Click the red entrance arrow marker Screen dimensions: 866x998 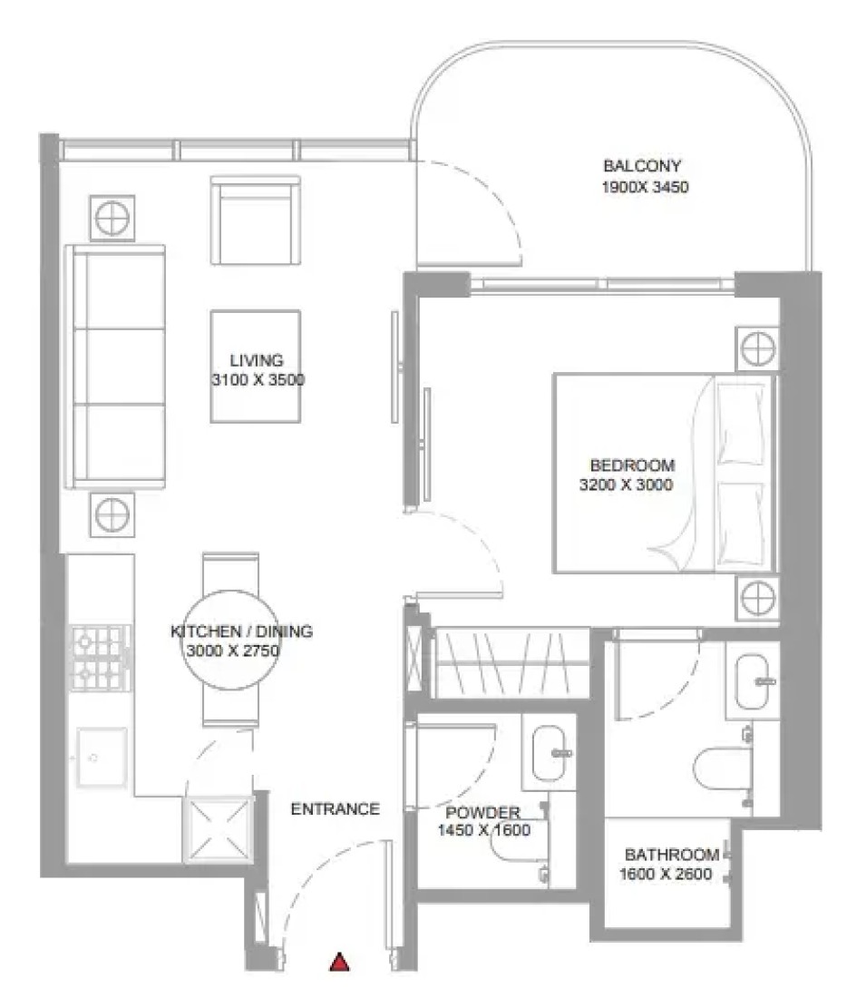pyautogui.click(x=339, y=963)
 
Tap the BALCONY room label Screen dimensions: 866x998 pyautogui.click(x=642, y=166)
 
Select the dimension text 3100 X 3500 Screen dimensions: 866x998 pyautogui.click(x=258, y=380)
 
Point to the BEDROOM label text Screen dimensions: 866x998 pyautogui.click(x=632, y=465)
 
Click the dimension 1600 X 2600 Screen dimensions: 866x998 pyautogui.click(x=666, y=874)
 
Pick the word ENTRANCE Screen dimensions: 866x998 pyautogui.click(x=336, y=809)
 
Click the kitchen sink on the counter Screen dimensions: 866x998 pyautogui.click(x=102, y=758)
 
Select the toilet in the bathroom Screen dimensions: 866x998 pyautogui.click(x=723, y=769)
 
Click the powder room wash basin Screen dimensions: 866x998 pyautogui.click(x=550, y=753)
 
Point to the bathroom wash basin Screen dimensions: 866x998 pyautogui.click(x=752, y=681)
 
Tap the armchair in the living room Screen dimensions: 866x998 pyautogui.click(x=256, y=220)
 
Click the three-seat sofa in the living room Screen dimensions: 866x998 pyautogui.click(x=115, y=367)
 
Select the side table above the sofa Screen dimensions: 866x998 pyautogui.click(x=112, y=218)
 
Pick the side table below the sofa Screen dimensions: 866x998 pyautogui.click(x=112, y=514)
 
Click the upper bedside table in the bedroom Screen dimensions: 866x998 pyautogui.click(x=757, y=348)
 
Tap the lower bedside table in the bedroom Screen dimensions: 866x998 pyautogui.click(x=757, y=599)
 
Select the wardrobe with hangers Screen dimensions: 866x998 pyautogui.click(x=511, y=662)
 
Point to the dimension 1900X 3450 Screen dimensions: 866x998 pyautogui.click(x=646, y=187)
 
